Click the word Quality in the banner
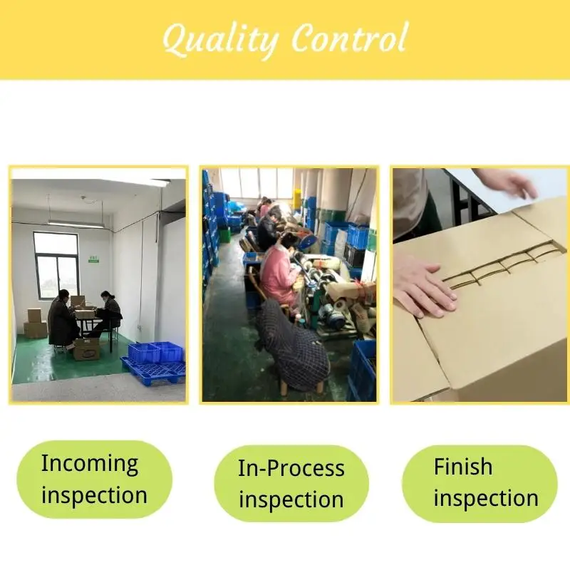(x=221, y=39)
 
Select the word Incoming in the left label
(x=90, y=464)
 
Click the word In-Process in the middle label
(x=291, y=468)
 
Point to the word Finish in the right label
(x=462, y=466)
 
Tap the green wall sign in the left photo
(x=94, y=259)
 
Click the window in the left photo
(x=57, y=265)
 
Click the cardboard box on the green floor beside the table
(x=86, y=349)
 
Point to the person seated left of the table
(x=63, y=320)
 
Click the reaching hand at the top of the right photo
(x=509, y=182)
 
